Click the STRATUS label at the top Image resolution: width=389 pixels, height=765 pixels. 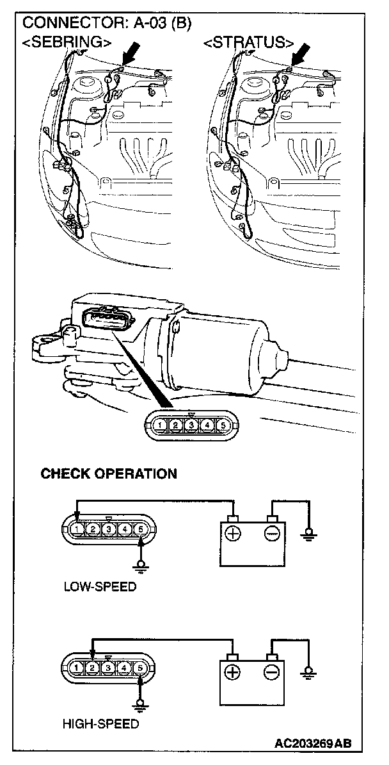[x=248, y=43]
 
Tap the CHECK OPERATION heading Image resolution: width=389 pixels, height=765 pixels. [x=109, y=474]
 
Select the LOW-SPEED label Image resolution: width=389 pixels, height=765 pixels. [x=100, y=587]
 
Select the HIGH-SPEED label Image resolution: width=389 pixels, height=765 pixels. [x=100, y=725]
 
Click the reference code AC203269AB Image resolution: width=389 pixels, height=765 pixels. [x=313, y=744]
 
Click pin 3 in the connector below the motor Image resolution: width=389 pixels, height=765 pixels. [x=191, y=424]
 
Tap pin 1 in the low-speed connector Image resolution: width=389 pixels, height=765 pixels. [x=77, y=529]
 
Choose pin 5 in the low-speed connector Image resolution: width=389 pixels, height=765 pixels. [x=141, y=529]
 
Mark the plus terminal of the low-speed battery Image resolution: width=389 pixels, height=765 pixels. [x=233, y=533]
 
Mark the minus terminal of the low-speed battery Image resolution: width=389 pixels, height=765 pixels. [x=271, y=533]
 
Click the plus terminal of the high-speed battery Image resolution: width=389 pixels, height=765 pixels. [x=232, y=672]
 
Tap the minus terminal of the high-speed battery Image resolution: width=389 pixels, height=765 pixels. [x=271, y=672]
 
